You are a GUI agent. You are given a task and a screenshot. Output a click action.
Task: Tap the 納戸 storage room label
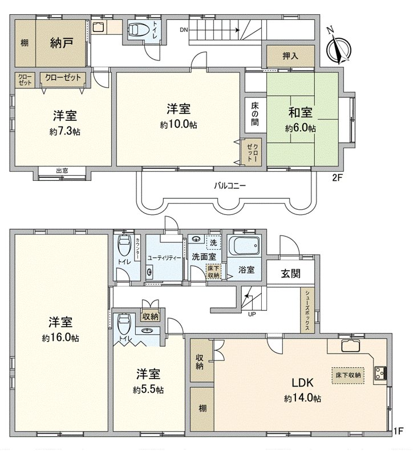point(61,43)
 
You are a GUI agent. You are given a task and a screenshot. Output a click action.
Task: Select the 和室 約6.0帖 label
point(301,119)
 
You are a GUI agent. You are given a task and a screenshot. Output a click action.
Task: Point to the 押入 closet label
point(290,56)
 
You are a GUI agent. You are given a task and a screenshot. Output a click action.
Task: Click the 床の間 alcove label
point(255,114)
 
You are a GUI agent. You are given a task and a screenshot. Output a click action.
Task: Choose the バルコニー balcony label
point(230,185)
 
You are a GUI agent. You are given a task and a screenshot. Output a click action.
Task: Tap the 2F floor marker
point(337,178)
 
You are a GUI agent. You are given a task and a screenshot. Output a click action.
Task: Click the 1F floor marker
point(399,431)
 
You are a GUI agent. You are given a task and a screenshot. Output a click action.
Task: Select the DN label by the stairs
point(184,30)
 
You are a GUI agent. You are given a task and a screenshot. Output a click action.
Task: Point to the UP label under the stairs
point(252,314)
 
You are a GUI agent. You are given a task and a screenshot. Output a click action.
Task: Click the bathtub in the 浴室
point(245,246)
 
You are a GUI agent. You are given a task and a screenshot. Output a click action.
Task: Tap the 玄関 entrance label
point(290,273)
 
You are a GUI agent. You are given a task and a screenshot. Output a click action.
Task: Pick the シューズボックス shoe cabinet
point(307,310)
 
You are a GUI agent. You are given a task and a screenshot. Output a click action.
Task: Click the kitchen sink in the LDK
point(351,346)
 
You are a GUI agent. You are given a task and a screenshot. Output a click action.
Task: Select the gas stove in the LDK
point(380,373)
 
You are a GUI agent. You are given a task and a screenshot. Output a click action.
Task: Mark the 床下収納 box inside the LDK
point(348,375)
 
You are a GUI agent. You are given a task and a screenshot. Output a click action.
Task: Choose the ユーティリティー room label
point(164,258)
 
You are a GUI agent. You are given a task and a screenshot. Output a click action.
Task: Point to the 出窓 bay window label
point(62,171)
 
